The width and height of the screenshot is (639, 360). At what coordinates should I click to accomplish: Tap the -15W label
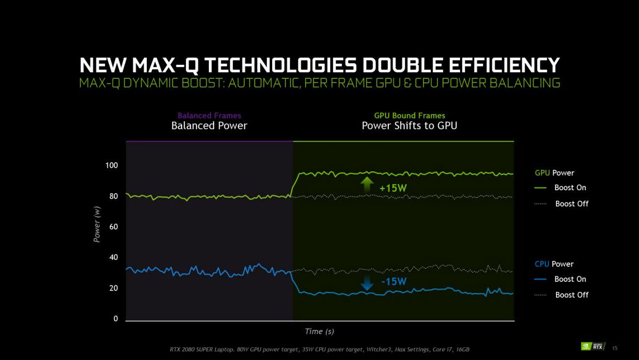(x=394, y=281)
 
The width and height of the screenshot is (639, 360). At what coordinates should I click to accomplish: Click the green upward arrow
(x=367, y=184)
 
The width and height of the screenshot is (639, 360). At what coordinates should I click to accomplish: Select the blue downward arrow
(x=367, y=282)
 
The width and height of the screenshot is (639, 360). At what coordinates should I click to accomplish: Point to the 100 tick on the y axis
(x=111, y=166)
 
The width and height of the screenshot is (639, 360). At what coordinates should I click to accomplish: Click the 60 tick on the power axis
(x=113, y=227)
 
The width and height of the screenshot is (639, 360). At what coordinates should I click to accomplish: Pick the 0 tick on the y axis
(x=115, y=319)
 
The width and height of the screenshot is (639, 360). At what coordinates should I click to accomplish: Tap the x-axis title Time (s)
(x=319, y=332)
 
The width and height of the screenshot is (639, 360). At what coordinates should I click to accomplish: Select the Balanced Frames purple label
(x=209, y=115)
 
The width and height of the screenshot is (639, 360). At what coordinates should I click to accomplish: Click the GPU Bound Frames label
(x=409, y=115)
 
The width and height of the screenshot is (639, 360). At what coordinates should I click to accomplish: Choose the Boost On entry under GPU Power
(x=570, y=187)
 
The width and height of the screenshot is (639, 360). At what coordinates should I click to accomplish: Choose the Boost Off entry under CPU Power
(x=572, y=295)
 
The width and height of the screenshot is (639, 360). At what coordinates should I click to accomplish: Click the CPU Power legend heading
(x=554, y=264)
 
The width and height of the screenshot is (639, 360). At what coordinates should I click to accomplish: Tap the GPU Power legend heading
(x=554, y=172)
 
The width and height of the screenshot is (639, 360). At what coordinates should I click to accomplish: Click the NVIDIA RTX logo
(x=593, y=347)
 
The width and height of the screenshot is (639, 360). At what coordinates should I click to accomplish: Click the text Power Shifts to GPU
(x=409, y=126)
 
